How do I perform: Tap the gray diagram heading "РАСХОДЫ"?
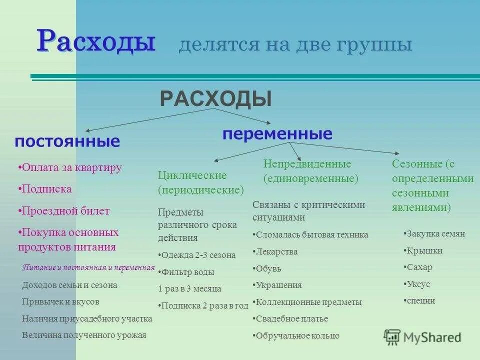tap(215, 98)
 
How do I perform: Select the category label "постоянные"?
tap(67, 141)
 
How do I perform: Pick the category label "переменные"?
tap(277, 133)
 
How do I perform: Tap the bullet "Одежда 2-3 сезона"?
tap(196, 255)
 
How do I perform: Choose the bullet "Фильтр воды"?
tap(186, 272)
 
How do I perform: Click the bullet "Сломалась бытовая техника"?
tap(310, 234)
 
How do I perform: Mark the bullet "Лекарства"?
tap(275, 251)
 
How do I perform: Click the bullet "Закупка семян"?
tap(434, 233)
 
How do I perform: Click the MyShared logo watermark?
tap(422, 337)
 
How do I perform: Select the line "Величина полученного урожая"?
tap(84, 335)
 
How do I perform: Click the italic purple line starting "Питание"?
tap(88, 267)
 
